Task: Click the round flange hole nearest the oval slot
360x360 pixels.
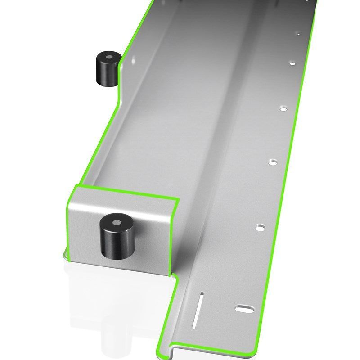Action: coord(260,228)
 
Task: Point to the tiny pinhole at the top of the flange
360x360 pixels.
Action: coord(297,33)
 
